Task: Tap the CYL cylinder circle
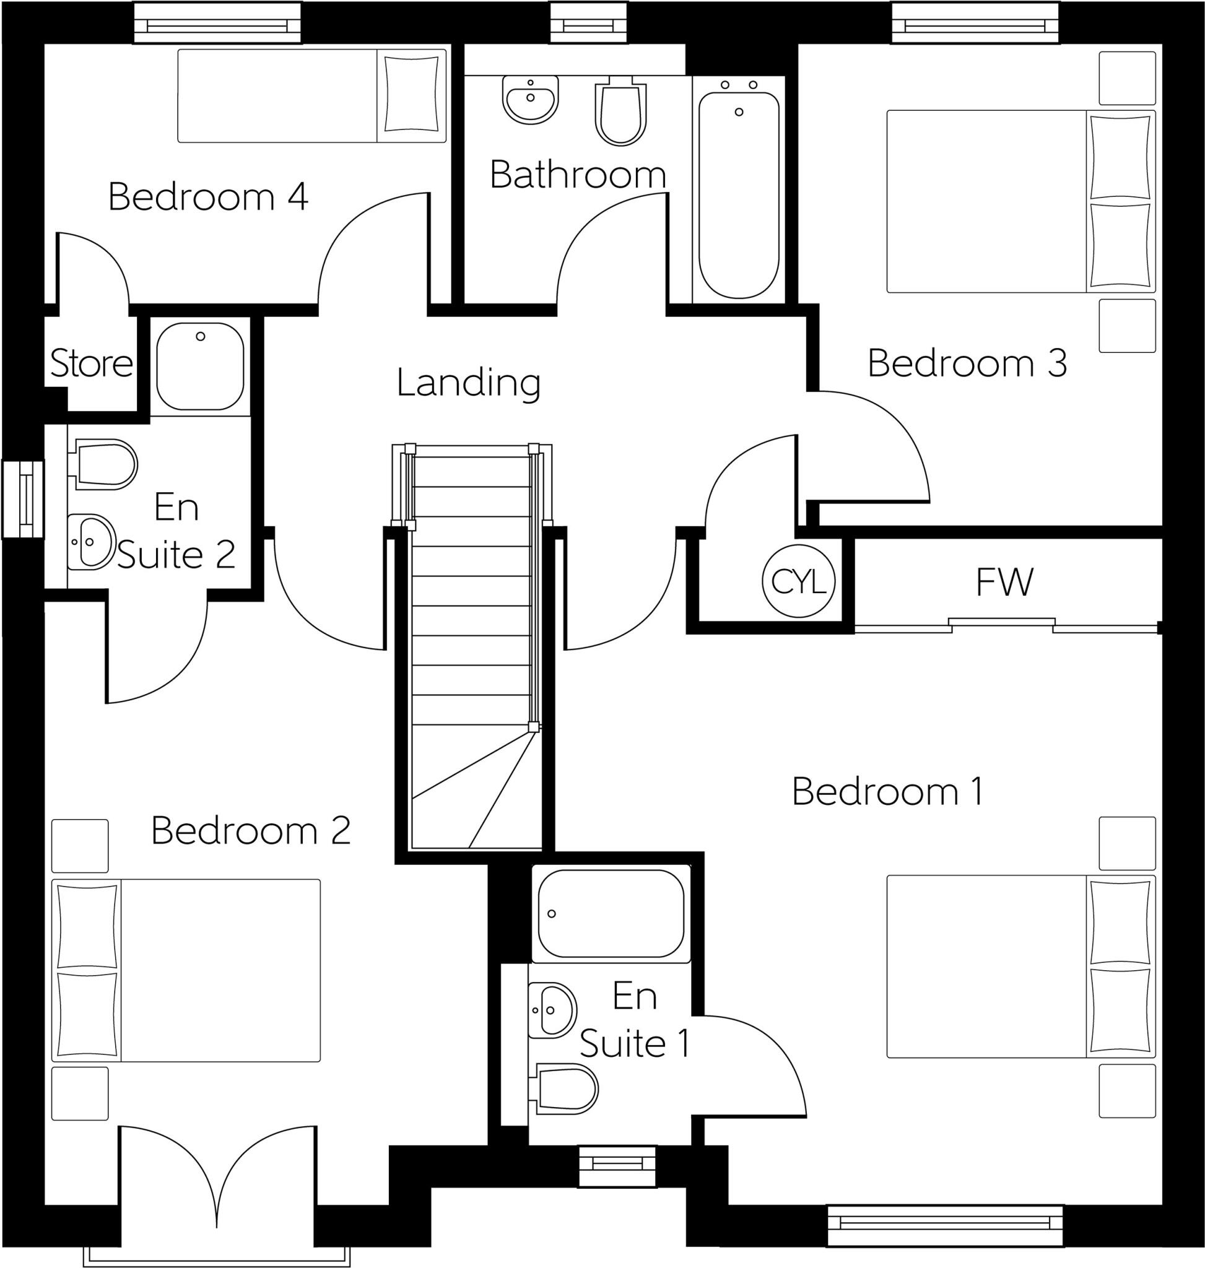tap(798, 582)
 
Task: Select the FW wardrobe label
tap(1004, 582)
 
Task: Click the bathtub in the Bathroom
tap(739, 193)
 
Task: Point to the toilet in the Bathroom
tap(620, 113)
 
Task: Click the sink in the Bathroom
tap(530, 100)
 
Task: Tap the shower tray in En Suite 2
tap(200, 366)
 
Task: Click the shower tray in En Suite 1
tap(610, 914)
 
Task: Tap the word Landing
tap(468, 383)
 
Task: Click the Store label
tap(91, 363)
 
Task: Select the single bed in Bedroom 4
tap(311, 96)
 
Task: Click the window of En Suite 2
tap(23, 498)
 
